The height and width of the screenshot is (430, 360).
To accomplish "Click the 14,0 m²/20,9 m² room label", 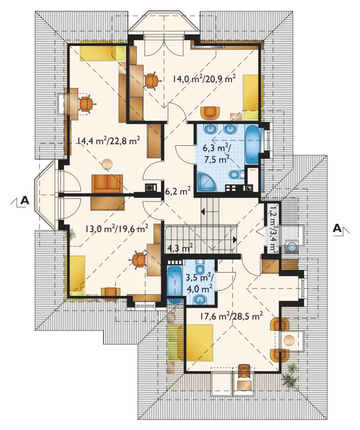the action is point(204,79).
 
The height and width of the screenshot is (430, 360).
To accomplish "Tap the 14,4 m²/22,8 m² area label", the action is point(108,141).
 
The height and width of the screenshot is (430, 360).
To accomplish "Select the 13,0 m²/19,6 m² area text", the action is point(117,228).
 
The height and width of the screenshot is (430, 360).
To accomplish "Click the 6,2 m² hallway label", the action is point(178,191).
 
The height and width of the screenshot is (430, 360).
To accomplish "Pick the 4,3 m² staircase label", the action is point(180,248).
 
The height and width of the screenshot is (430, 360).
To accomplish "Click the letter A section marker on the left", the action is point(25,200).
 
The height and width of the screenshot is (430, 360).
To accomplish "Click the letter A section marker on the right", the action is point(337,228).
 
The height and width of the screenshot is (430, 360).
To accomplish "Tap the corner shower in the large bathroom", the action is point(207,182).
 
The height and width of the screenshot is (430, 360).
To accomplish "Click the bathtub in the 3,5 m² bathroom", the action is point(174,283).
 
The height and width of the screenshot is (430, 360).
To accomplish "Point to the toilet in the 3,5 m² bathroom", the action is point(199,267).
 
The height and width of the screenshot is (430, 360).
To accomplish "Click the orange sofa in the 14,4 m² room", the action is point(107,184).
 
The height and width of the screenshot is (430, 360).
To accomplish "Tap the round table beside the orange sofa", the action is point(107,164).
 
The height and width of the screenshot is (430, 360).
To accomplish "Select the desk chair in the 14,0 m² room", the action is point(151,81).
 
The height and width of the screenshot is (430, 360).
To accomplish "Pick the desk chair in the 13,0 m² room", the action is point(139,260).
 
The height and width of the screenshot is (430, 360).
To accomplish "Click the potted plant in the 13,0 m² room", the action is point(72,234).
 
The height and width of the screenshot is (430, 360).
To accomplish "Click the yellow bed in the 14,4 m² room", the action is point(102,53).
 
